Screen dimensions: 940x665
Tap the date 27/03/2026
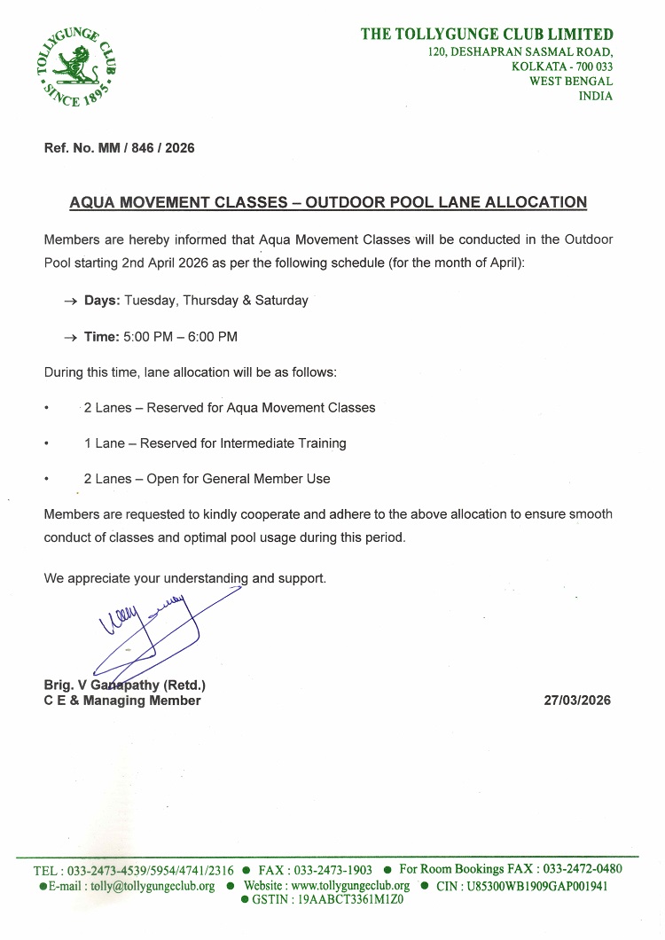click(x=577, y=701)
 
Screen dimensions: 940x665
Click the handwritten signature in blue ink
click(x=151, y=630)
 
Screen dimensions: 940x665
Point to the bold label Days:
click(x=102, y=301)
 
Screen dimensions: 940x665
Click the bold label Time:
click(x=102, y=337)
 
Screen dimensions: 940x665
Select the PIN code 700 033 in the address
click(x=591, y=67)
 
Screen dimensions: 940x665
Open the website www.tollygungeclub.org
click(x=350, y=886)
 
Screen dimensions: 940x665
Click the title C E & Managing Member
click(x=122, y=701)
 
